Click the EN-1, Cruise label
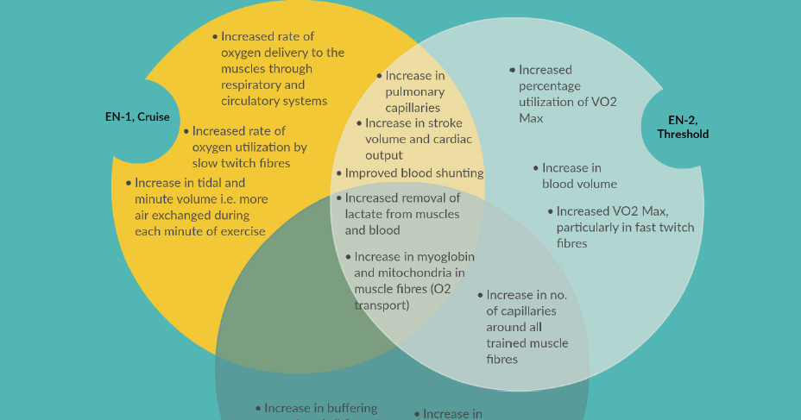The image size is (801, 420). click(137, 116)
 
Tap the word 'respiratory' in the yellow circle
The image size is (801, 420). click(252, 85)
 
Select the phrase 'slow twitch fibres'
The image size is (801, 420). click(241, 163)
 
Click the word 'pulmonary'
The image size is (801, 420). click(415, 91)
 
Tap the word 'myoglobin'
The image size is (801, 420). click(445, 256)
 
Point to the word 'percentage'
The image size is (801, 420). click(550, 85)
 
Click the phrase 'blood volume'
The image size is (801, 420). click(579, 184)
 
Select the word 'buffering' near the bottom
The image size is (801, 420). click(350, 408)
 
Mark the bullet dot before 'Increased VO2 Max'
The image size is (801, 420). click(550, 210)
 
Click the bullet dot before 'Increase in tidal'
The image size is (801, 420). click(129, 183)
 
